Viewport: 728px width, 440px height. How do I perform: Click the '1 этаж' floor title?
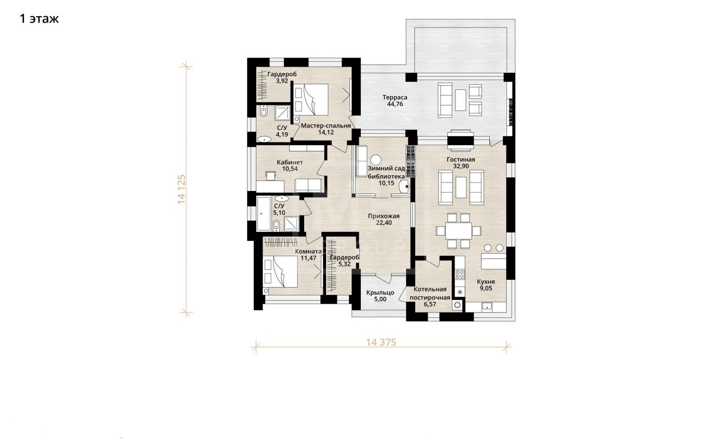coord(39,19)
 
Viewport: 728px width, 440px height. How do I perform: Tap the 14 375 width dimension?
coord(381,343)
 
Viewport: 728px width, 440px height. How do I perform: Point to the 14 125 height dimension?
coord(181,189)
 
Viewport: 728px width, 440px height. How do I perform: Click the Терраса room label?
coord(395,97)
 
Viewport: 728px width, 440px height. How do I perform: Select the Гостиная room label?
coord(461,160)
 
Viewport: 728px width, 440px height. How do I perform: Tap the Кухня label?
coord(486,282)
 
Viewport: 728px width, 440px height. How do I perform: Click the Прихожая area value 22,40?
coord(384,223)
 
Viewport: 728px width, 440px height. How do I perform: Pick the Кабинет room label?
coord(290,162)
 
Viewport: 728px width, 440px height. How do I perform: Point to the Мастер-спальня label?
coord(326,126)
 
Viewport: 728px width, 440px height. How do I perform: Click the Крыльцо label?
coord(380,292)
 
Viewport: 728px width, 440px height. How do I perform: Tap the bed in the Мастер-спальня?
coord(311,99)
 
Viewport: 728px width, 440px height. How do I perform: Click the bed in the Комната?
coord(280,271)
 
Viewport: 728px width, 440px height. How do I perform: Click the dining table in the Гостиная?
coord(459,231)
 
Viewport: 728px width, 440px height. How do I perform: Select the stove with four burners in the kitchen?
coord(460,275)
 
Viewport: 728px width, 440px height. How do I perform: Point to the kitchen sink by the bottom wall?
coord(487,306)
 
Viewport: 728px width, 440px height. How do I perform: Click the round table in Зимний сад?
coord(376,160)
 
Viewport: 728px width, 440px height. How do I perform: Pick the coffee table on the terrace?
coord(460,100)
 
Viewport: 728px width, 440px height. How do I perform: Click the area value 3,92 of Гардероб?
coord(282,81)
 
